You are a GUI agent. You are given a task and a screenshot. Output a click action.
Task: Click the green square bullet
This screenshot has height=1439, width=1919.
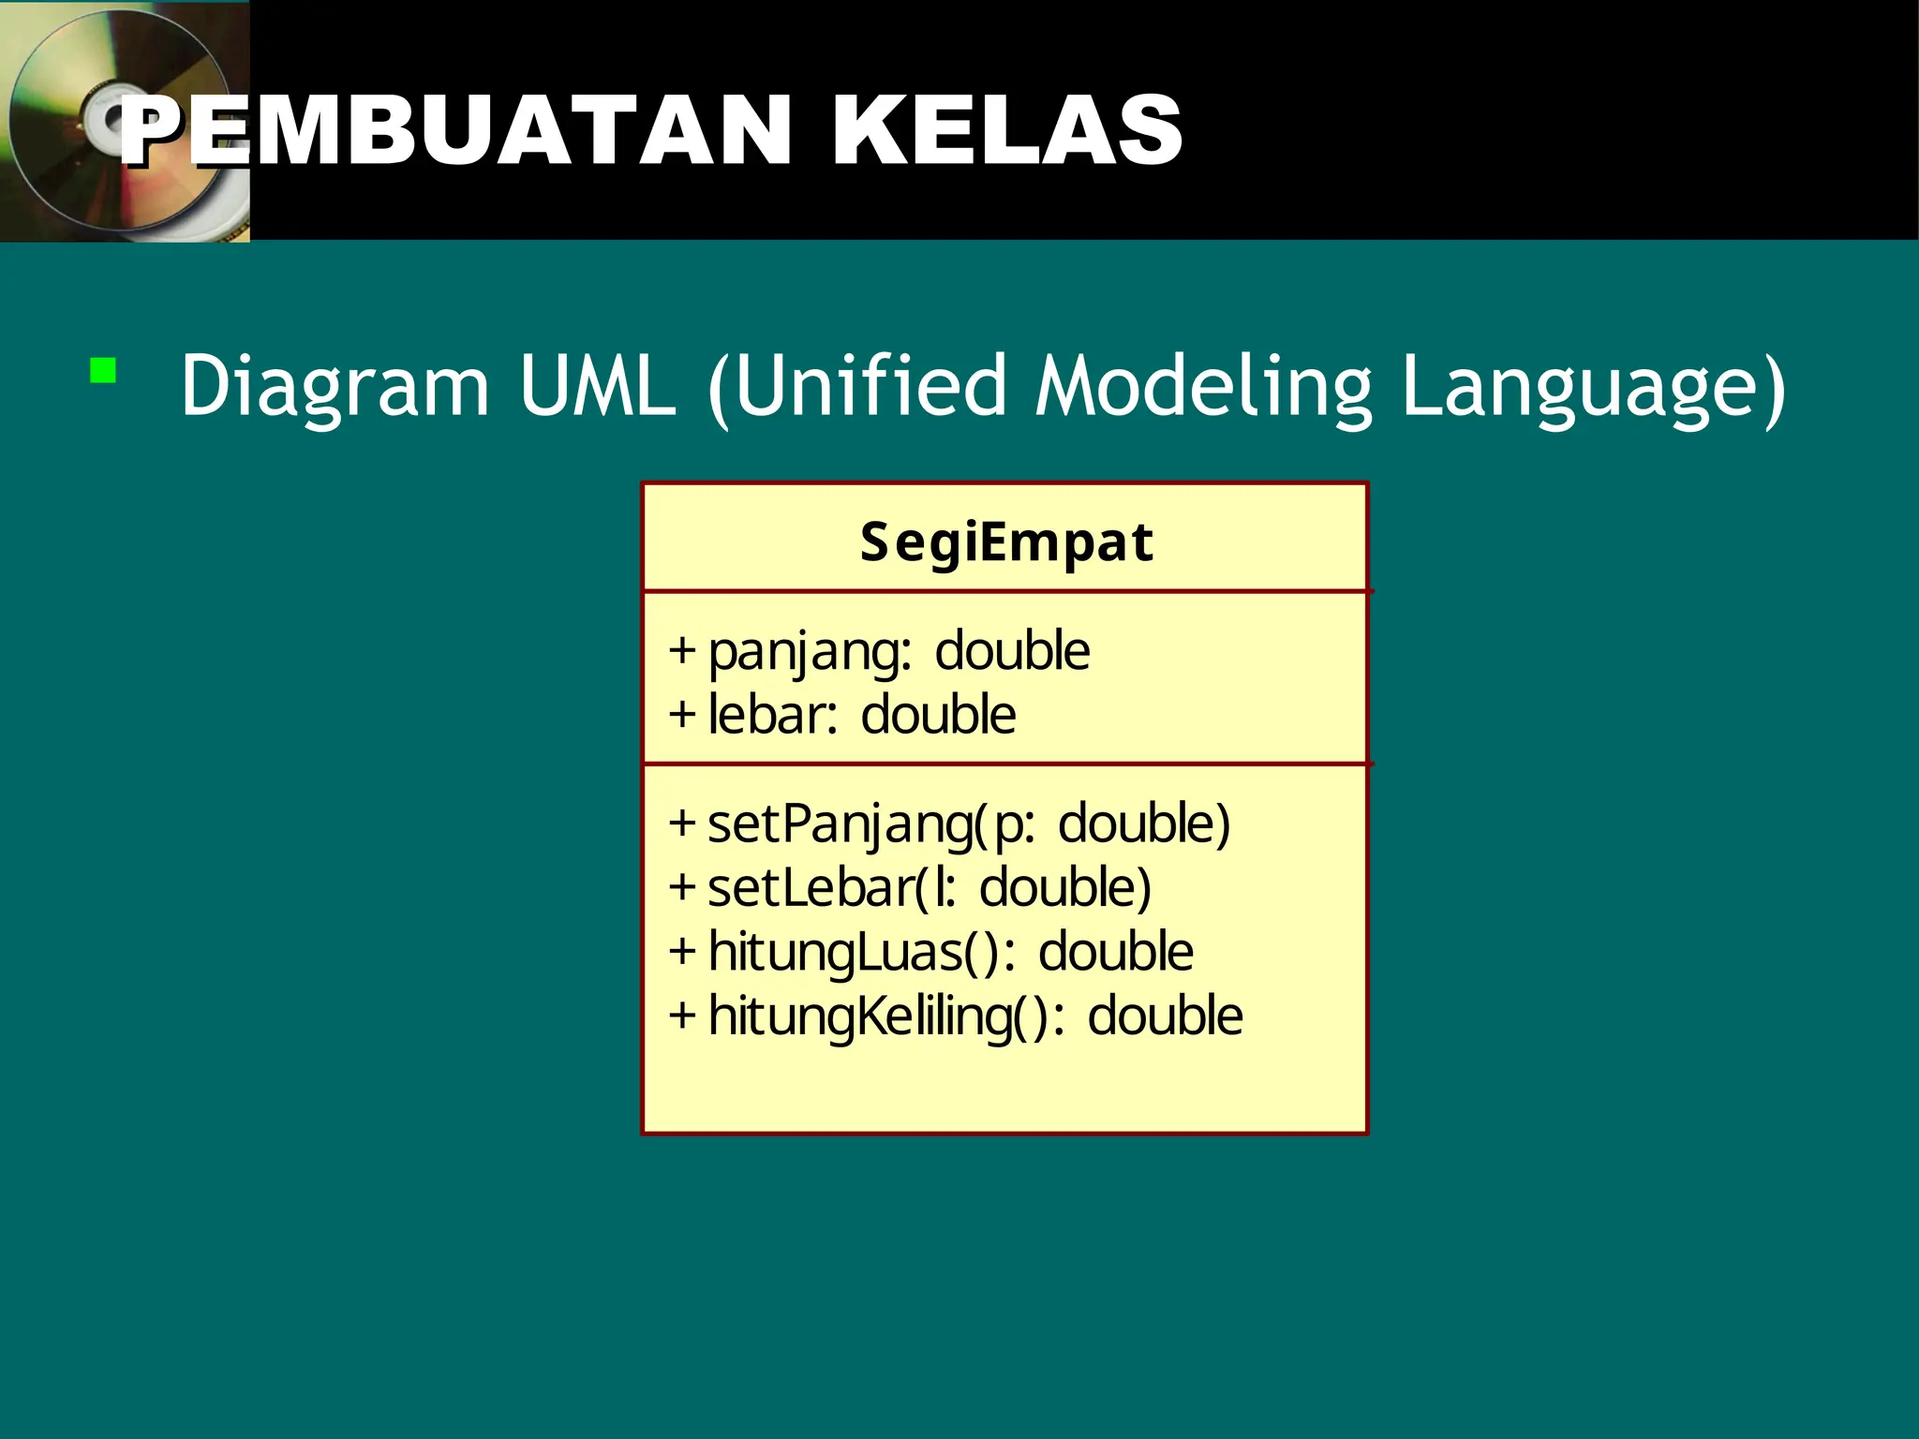(103, 371)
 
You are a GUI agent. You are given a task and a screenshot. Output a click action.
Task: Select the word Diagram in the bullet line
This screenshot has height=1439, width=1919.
(335, 386)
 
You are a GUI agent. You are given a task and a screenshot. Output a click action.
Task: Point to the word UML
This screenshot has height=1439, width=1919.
(597, 386)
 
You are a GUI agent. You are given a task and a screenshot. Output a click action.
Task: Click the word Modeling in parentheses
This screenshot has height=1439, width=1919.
(1203, 386)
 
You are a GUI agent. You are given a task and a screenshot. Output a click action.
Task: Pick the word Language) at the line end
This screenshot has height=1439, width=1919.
(1594, 386)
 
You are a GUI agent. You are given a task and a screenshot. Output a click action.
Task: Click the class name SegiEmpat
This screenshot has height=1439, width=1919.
(1006, 542)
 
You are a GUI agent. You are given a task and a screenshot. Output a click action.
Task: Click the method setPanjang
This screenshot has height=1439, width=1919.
(840, 824)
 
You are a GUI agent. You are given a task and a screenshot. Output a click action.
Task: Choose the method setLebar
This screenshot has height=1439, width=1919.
(810, 888)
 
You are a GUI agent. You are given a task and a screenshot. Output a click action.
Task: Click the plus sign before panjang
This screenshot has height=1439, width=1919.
(682, 651)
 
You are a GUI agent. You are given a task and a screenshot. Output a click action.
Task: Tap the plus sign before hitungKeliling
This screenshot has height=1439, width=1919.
(682, 1016)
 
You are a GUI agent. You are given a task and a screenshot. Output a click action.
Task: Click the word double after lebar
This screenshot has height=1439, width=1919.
(938, 716)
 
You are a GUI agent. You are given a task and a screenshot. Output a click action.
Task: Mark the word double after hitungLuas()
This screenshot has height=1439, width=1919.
(1115, 953)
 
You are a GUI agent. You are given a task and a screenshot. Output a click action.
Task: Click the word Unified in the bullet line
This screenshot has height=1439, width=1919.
(870, 386)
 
